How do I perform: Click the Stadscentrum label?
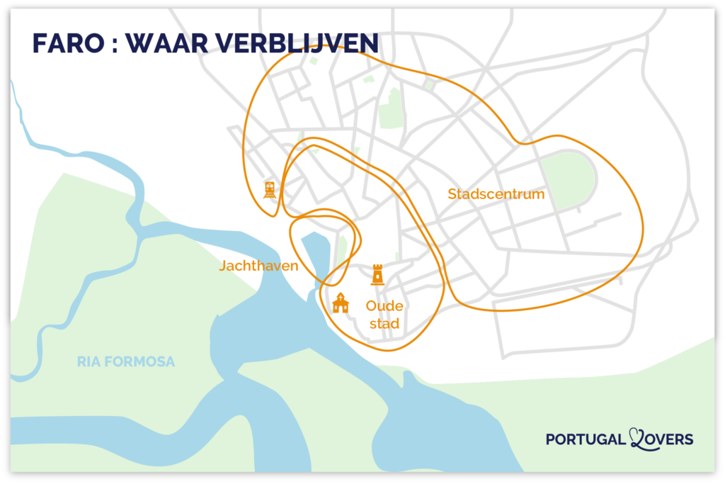pos(496,193)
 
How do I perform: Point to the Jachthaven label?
pos(257,266)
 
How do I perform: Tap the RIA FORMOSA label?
pos(125,362)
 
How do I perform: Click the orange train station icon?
pos(269,189)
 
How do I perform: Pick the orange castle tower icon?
pos(378,274)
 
